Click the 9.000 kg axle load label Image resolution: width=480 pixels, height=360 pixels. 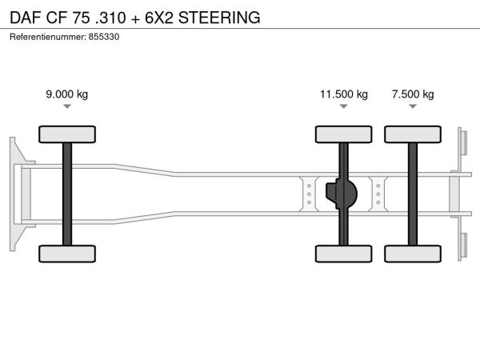[66, 94]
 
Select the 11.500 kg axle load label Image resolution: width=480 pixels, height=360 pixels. [344, 94]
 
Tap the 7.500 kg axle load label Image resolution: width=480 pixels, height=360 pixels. [413, 94]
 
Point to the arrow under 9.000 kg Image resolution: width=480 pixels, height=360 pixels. [67, 106]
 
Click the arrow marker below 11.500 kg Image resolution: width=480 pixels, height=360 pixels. [344, 106]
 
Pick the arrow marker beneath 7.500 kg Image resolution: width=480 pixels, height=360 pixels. [413, 106]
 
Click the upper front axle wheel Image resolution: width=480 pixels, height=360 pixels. [67, 134]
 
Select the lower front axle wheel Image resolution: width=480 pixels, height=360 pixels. [67, 254]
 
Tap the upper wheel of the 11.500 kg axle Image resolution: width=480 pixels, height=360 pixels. [344, 134]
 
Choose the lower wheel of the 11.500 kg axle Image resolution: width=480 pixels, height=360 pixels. [344, 254]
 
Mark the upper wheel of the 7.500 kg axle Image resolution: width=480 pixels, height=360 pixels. [413, 134]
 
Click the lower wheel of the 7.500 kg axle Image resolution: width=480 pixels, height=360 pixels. [413, 254]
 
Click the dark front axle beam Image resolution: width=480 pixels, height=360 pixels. [67, 194]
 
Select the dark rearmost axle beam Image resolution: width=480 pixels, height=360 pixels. [413, 194]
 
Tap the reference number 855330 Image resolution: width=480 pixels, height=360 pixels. [104, 37]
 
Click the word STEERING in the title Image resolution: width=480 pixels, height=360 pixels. [219, 18]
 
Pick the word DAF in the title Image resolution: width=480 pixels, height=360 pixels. [26, 18]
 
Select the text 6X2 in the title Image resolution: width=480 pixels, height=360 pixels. [159, 18]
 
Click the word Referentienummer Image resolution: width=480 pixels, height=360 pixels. [48, 37]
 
